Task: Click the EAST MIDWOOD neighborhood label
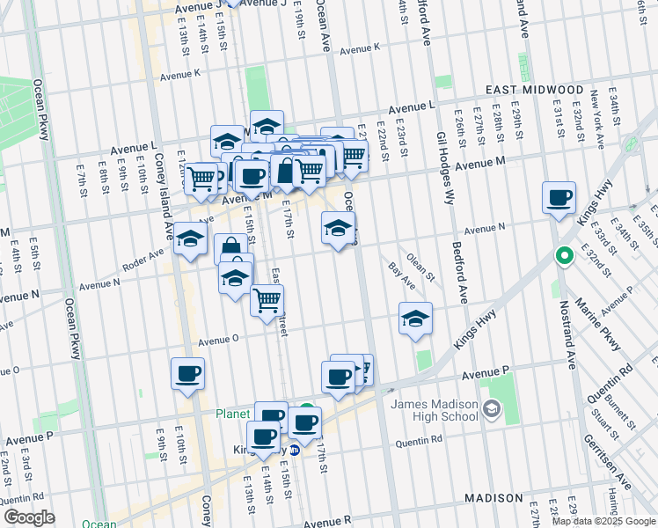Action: pos(535,91)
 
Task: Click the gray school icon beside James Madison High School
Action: pos(492,407)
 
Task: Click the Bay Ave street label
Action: pos(403,276)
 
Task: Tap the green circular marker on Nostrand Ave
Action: pos(564,258)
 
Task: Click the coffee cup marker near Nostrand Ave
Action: pos(559,198)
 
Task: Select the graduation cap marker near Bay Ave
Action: pos(415,318)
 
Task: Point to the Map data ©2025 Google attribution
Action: pos(603,521)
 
